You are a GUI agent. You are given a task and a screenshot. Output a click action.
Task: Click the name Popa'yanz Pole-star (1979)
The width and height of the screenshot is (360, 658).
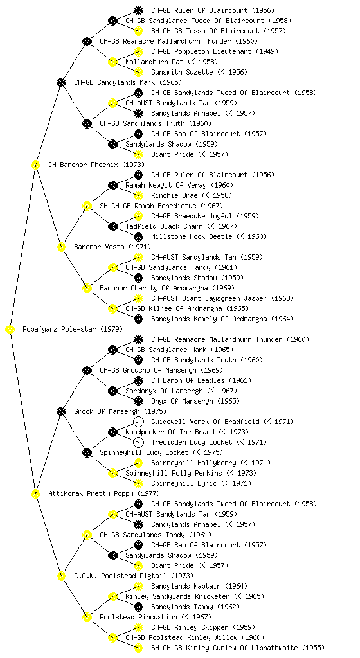(73, 329)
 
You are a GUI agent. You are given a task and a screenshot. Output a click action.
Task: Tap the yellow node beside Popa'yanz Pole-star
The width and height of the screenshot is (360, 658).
(10, 330)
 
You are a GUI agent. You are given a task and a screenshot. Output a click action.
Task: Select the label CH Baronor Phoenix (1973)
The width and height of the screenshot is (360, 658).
(96, 164)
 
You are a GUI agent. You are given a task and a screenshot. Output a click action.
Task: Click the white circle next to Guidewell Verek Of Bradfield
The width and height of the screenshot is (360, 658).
(138, 422)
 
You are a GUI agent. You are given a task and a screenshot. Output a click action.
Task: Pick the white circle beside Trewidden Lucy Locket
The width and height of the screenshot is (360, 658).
(138, 442)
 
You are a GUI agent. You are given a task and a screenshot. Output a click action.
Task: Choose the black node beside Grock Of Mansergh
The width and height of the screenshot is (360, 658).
(61, 411)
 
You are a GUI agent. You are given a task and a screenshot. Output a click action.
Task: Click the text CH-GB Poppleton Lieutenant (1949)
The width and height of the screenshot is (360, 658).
(215, 51)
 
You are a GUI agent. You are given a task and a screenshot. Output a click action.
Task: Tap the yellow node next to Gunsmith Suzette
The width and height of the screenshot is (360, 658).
(138, 72)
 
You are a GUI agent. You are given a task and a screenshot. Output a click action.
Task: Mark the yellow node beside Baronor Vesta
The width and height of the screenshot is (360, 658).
(61, 247)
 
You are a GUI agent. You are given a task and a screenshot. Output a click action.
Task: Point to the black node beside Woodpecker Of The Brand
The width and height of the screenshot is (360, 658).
(113, 432)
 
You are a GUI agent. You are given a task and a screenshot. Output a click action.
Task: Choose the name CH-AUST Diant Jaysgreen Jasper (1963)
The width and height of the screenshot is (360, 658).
(222, 298)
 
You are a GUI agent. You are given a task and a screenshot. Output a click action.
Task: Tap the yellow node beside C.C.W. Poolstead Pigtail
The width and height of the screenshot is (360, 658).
(61, 576)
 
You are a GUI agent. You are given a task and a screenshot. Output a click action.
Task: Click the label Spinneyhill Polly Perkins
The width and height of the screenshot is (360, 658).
(174, 473)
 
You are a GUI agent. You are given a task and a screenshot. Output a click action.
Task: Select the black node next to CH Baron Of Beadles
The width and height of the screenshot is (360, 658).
(138, 380)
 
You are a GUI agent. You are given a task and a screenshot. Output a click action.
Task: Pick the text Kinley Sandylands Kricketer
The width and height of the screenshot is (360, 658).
(177, 596)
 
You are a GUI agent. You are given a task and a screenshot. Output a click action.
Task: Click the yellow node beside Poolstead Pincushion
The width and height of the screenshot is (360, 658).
(87, 617)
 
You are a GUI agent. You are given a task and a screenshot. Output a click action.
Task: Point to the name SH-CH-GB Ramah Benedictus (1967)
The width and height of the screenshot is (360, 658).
(161, 206)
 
